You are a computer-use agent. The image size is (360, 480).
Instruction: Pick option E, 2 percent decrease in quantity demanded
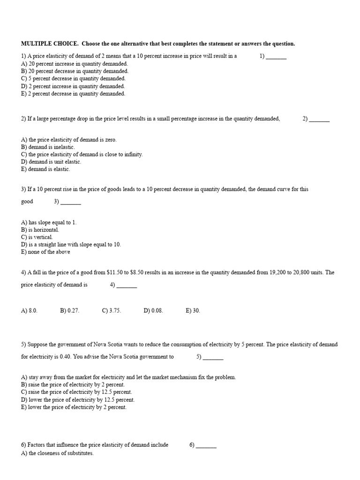click(x=73, y=94)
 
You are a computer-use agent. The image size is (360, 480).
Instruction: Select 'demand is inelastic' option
click(x=48, y=147)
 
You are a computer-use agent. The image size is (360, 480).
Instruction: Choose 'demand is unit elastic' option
click(x=51, y=162)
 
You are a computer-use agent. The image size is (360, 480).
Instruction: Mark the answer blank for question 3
click(x=71, y=202)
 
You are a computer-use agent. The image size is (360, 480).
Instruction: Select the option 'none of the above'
click(x=45, y=252)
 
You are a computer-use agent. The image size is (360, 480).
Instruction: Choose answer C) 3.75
click(x=112, y=311)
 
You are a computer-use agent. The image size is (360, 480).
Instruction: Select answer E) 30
click(x=193, y=311)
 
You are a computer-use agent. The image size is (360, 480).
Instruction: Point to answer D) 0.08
click(x=153, y=311)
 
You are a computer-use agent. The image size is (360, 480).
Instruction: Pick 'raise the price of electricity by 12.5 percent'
click(x=77, y=392)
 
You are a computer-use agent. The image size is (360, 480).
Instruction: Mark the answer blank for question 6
click(x=206, y=446)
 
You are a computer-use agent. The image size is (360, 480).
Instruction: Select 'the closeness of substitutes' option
click(x=58, y=454)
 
